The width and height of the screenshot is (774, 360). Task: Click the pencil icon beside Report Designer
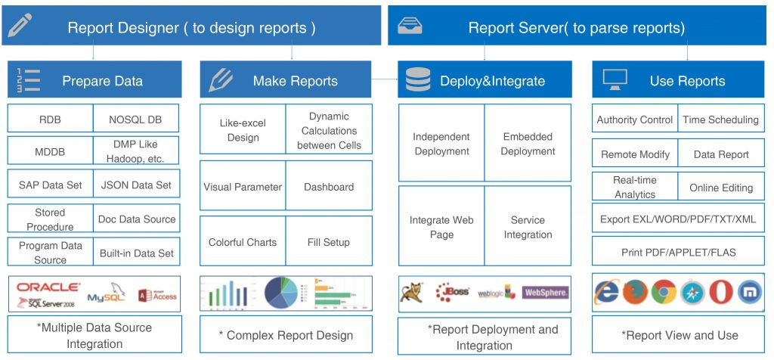click(x=20, y=26)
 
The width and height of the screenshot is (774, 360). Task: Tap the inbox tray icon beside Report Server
click(x=410, y=26)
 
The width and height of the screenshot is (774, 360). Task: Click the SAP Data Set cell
click(x=51, y=184)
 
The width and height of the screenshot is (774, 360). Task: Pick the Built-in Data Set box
click(x=137, y=252)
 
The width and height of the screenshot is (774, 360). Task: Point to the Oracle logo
click(x=48, y=287)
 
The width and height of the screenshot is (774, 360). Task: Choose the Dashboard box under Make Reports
click(x=329, y=187)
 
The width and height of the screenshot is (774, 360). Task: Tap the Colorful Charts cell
click(x=243, y=242)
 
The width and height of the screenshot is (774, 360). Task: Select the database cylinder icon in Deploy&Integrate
click(x=418, y=80)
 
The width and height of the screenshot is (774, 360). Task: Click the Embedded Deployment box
click(x=528, y=144)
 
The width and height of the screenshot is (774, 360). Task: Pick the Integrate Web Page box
click(x=441, y=227)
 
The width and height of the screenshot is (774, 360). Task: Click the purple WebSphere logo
click(x=546, y=292)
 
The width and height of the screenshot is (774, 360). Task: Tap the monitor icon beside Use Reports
click(x=615, y=79)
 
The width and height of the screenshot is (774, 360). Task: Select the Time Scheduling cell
click(x=720, y=119)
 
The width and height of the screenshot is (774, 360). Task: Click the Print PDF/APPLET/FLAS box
click(x=678, y=252)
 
